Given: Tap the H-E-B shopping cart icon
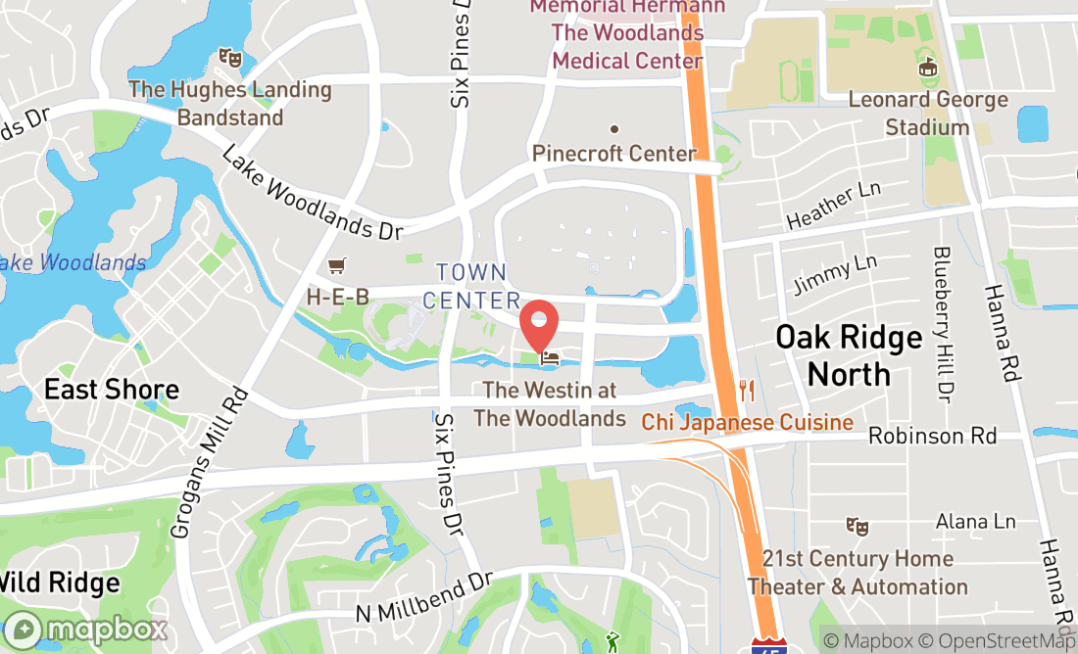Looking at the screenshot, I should [x=337, y=265].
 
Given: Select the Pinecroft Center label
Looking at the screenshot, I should [x=614, y=153].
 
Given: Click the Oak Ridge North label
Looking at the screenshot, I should [x=849, y=355].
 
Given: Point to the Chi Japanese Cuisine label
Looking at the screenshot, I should [x=747, y=423].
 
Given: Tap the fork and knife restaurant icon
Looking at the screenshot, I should [x=747, y=391].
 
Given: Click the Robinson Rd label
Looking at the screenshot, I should [x=932, y=435].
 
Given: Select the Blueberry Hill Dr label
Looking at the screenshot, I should [x=944, y=324].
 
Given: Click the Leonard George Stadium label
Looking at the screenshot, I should [x=927, y=114].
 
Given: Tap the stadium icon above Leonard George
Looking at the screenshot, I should [x=927, y=68].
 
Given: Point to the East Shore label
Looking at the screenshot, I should [x=112, y=390].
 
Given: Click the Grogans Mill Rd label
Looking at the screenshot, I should [x=209, y=459].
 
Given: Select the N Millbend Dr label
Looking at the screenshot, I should [x=422, y=595].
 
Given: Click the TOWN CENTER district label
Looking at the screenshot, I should [x=471, y=286].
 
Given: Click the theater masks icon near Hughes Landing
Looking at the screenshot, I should [x=230, y=58].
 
